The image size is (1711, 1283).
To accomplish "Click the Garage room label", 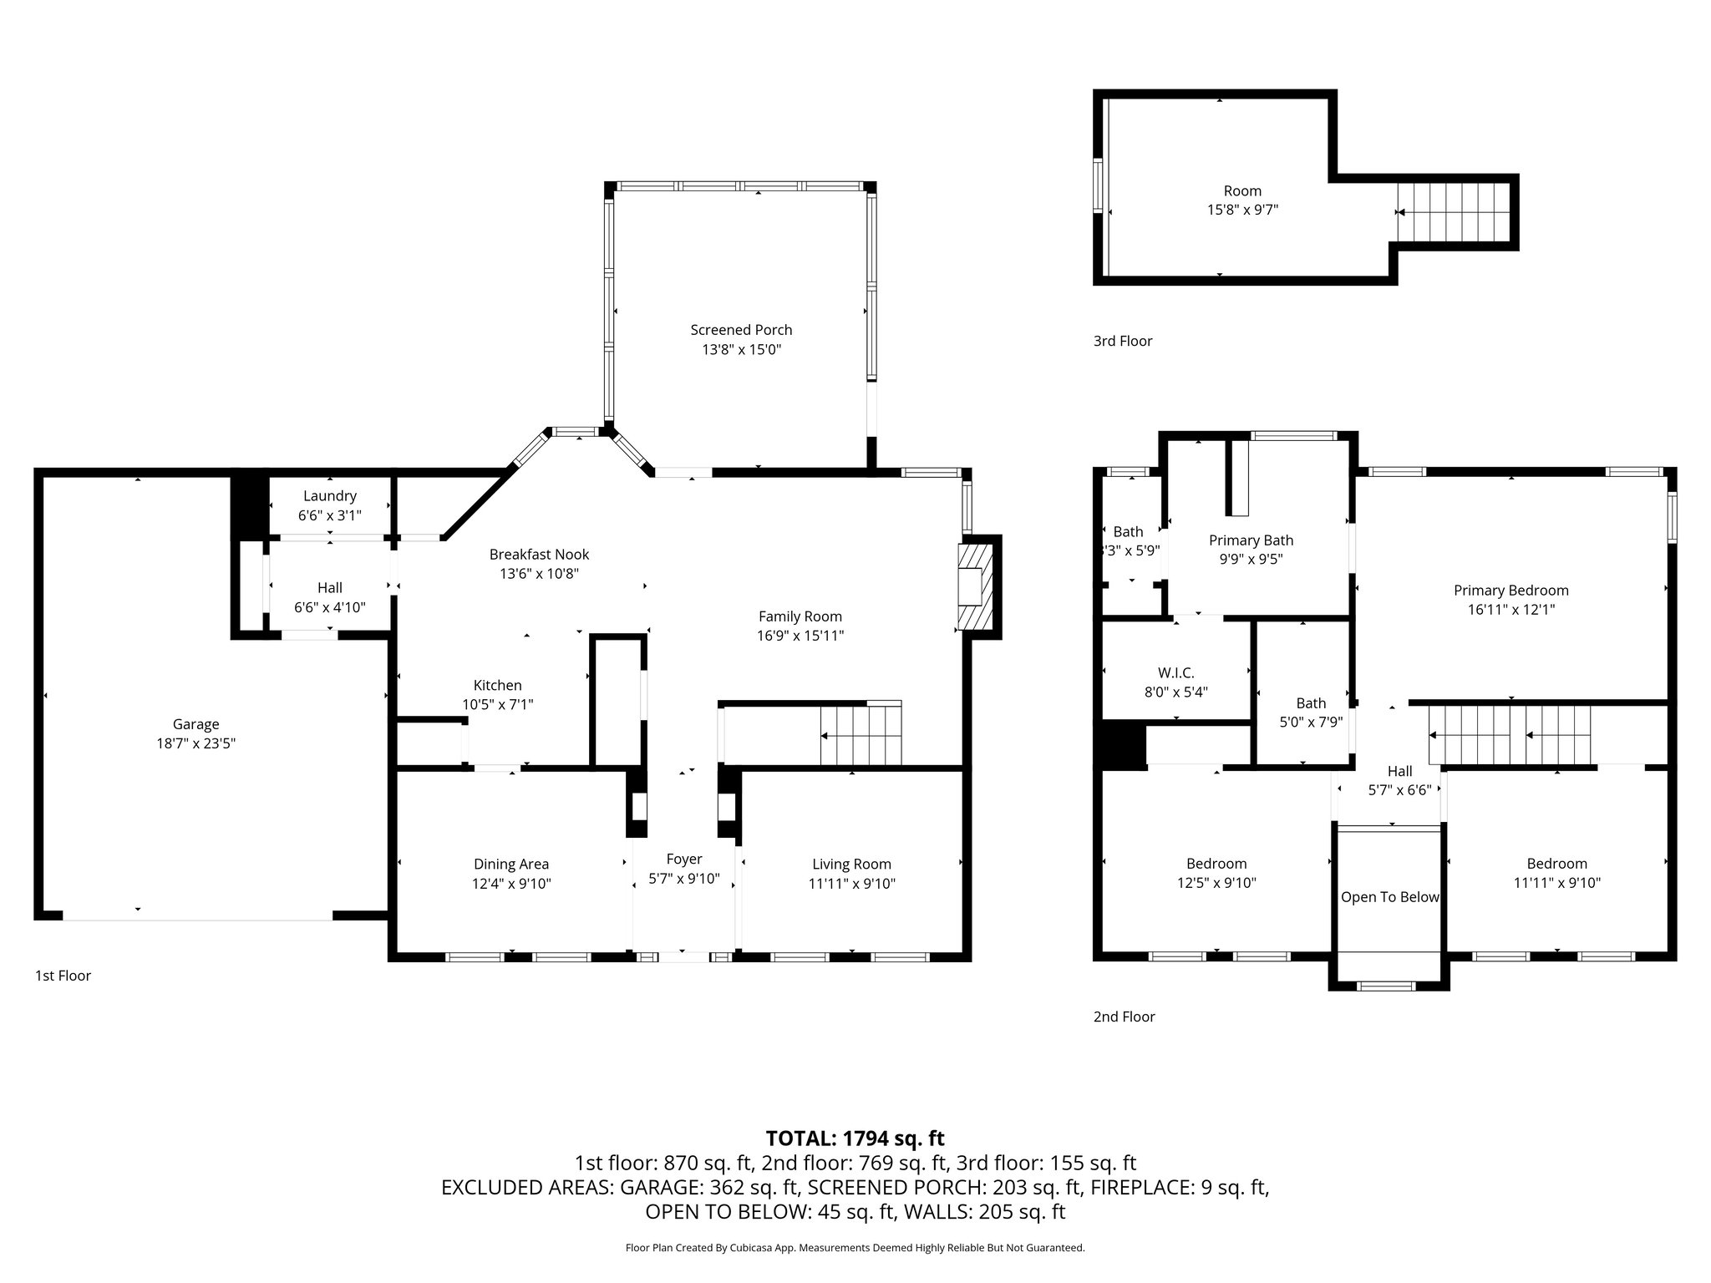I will (x=195, y=724).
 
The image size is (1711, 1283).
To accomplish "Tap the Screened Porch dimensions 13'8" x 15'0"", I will (x=741, y=350).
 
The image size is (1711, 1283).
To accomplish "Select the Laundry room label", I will (x=330, y=496).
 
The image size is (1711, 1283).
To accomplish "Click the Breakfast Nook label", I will (x=539, y=555).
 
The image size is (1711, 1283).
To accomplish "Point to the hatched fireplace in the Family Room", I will (x=973, y=586).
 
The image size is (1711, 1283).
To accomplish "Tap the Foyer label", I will (x=683, y=859).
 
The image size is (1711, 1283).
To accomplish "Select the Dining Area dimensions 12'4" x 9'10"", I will (x=511, y=884).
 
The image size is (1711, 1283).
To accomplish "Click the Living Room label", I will (x=851, y=865).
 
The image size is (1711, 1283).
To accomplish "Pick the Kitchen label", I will (x=497, y=686).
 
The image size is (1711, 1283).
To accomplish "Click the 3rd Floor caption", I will (x=1122, y=341).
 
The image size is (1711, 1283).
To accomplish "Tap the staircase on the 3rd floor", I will (x=1454, y=211).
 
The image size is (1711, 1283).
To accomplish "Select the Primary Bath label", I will (x=1251, y=540).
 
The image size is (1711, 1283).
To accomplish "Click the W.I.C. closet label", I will (x=1175, y=672).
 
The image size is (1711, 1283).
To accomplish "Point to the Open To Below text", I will (x=1389, y=897).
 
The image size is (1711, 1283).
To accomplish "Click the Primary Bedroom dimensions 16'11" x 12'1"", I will (x=1510, y=610).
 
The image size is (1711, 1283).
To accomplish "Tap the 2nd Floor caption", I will (x=1124, y=1017).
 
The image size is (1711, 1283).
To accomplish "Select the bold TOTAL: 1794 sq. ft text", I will (x=855, y=1138).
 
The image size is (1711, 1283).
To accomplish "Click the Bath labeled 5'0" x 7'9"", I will (x=1311, y=703).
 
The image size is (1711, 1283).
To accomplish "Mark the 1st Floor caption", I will (x=63, y=976).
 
